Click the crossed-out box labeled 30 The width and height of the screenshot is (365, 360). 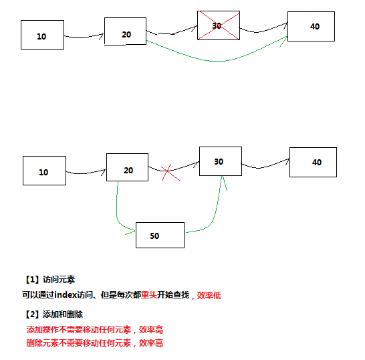pyautogui.click(x=219, y=25)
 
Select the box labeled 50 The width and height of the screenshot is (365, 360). pyautogui.click(x=160, y=235)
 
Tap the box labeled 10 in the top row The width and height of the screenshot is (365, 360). pyautogui.click(x=42, y=35)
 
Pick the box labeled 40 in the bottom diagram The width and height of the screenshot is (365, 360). pyautogui.click(x=313, y=162)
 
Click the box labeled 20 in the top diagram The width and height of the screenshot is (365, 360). pyautogui.click(x=125, y=31)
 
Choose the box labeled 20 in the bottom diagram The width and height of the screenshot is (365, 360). pyautogui.click(x=127, y=167)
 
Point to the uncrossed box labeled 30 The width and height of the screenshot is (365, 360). pyautogui.click(x=221, y=161)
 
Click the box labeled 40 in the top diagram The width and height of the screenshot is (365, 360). pyautogui.click(x=311, y=26)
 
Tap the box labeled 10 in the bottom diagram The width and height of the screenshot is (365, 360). pyautogui.click(x=44, y=171)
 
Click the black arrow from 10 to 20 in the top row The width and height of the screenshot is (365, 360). pyautogui.click(x=84, y=37)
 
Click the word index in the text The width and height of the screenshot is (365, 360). pyautogui.click(x=66, y=295)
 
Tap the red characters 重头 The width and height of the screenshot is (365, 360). pyautogui.click(x=149, y=295)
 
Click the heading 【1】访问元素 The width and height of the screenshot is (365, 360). pyautogui.click(x=50, y=280)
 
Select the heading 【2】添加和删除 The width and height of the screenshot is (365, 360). pyautogui.click(x=53, y=314)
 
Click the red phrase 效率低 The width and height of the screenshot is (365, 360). pyautogui.click(x=209, y=296)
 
